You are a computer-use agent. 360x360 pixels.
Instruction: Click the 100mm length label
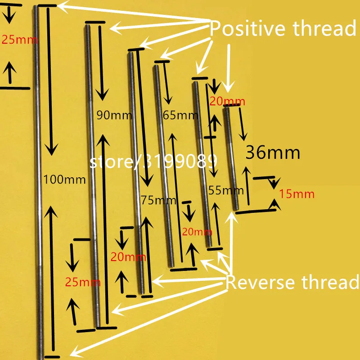64,179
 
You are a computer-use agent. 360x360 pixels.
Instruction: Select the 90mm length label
114,115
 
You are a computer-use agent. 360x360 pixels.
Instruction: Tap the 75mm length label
158,200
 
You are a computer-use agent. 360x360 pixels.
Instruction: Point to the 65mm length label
180,115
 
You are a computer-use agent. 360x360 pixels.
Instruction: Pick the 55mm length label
226,190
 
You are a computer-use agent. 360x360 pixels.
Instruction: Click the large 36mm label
273,153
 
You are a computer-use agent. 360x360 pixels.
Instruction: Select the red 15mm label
297,194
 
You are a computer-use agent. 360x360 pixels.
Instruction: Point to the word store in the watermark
111,162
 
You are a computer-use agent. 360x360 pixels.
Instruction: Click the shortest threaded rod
231,159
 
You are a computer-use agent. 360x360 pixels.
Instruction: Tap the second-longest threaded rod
93,176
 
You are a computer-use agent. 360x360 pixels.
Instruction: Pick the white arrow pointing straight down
229,68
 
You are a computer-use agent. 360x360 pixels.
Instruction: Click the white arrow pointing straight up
231,243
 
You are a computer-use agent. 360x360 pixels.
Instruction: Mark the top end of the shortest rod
226,108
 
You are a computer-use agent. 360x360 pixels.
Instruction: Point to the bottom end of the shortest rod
236,209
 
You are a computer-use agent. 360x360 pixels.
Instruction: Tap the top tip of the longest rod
36,6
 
